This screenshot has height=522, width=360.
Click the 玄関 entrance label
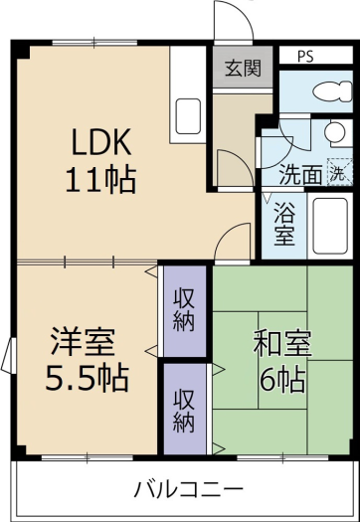243,69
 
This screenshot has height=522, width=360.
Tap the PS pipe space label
305,57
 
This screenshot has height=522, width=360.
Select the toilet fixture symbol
333,91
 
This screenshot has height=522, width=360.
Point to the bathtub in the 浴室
330,226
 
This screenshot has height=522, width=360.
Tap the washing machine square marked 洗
339,171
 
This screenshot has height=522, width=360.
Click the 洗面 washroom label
300,174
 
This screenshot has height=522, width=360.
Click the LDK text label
100,143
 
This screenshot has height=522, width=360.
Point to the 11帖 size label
100,180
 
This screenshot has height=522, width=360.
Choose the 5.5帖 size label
87,378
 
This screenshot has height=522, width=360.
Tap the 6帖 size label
281,380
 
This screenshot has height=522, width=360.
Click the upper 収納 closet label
184,312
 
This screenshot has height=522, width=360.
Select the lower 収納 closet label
184,414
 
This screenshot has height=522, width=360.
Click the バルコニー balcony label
189,489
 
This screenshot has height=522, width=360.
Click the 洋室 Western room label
83,342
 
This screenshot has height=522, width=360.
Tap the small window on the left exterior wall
9,355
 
